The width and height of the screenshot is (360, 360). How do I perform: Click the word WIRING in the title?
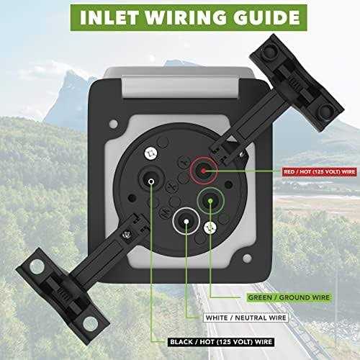pyautogui.click(x=186, y=17)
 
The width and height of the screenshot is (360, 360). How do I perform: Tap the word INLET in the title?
pyautogui.click(x=109, y=17)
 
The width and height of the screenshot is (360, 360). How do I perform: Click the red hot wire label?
pyautogui.click(x=319, y=172)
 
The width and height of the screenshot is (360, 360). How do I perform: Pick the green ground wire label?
pyautogui.click(x=289, y=297)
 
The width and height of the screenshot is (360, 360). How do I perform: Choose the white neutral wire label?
pyautogui.click(x=246, y=318)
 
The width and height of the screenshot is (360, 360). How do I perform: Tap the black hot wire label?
pyautogui.click(x=221, y=342)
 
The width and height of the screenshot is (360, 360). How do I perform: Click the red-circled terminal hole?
pyautogui.click(x=204, y=171)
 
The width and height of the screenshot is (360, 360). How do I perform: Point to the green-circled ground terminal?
pyautogui.click(x=210, y=201)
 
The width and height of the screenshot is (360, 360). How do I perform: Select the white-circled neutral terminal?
pyautogui.click(x=186, y=221)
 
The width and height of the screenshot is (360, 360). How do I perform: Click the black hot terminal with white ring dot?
pyautogui.click(x=151, y=179)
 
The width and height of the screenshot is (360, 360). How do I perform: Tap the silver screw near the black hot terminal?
pyautogui.click(x=151, y=153)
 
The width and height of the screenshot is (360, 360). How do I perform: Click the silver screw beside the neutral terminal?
pyautogui.click(x=210, y=228)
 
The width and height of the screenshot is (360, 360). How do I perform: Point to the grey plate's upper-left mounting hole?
pyautogui.click(x=113, y=124)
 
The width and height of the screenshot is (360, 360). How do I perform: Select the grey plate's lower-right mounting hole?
pyautogui.click(x=247, y=258)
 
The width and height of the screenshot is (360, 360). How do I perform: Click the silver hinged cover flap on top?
pyautogui.click(x=181, y=86)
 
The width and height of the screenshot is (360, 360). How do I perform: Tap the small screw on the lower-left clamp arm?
pyautogui.click(x=126, y=234)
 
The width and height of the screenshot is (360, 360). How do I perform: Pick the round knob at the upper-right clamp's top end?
pyautogui.click(x=269, y=50)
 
